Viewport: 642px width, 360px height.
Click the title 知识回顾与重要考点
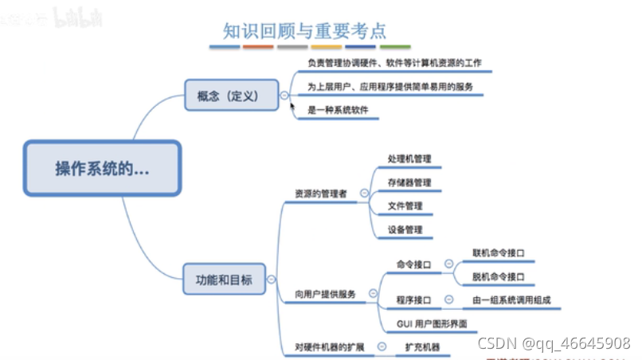point(305,30)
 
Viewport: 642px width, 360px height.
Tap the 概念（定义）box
point(232,96)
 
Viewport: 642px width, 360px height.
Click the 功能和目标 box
point(224,280)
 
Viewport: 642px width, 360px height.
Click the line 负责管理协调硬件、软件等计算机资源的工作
point(393,62)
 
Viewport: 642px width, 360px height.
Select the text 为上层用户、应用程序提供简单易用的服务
point(390,86)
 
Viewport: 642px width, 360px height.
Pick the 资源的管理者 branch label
point(320,193)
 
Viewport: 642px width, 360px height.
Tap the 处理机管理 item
point(409,159)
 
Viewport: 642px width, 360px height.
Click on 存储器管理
point(409,183)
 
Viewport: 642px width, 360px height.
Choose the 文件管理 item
point(405,206)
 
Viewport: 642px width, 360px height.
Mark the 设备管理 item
point(405,230)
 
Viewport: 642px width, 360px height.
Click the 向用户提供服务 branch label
point(325,294)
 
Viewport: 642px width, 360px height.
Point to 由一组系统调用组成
point(511,300)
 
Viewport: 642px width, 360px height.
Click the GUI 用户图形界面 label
point(431,324)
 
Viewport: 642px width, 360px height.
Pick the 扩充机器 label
point(422,347)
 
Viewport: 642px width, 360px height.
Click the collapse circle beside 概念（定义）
point(284,96)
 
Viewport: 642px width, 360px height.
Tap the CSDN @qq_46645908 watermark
point(553,343)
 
